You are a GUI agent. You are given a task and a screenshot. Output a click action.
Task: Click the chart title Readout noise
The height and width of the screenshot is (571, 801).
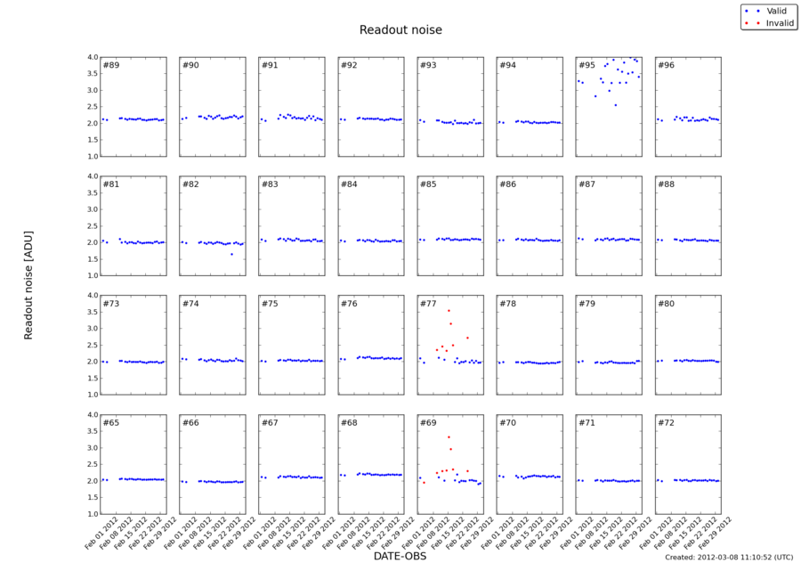tap(400, 30)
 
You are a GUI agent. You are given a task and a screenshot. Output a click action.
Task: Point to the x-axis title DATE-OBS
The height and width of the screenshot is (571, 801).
tap(400, 557)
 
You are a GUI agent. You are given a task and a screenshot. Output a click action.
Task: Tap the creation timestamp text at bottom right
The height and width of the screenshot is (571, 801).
tap(728, 558)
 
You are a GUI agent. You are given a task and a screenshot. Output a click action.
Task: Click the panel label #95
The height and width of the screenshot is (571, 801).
tap(587, 66)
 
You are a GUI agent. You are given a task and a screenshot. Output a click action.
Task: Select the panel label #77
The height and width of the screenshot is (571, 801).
tap(428, 304)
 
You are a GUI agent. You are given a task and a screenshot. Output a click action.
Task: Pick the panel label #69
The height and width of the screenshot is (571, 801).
tap(428, 423)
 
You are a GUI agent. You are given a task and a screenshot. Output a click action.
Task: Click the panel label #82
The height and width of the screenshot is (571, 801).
tap(190, 184)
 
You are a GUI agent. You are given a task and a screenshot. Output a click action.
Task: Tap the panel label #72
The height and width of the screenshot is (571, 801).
tap(666, 423)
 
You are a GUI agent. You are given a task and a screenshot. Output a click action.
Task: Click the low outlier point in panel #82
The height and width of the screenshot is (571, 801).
tap(231, 254)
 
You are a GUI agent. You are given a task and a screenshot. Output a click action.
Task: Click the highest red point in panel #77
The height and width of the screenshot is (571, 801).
tap(449, 310)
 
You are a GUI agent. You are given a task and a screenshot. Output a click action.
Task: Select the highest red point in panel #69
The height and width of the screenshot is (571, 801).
tap(449, 436)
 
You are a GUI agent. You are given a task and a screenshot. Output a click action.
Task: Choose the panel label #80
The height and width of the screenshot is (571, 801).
tap(666, 304)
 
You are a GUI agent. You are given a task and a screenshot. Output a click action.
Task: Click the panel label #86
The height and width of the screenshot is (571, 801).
tap(507, 184)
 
